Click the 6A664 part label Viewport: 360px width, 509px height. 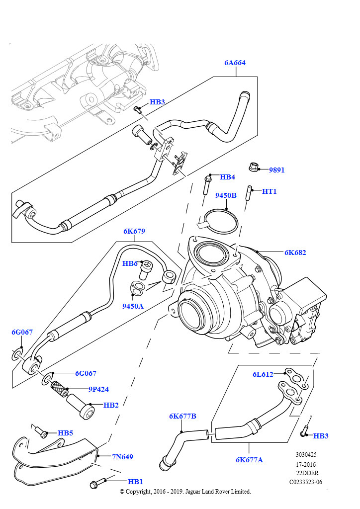(235, 63)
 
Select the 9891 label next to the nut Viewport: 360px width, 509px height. (276, 170)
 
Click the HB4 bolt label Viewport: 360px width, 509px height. (227, 177)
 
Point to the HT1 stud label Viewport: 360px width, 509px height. (269, 191)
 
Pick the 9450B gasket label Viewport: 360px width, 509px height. (226, 195)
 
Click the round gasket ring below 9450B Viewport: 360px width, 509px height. (221, 222)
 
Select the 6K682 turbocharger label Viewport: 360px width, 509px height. (295, 253)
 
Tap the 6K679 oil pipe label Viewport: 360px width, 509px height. (134, 231)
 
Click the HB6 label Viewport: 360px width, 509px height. (130, 263)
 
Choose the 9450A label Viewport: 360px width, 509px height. (133, 306)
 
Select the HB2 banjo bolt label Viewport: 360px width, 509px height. (111, 405)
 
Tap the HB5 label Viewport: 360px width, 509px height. (65, 433)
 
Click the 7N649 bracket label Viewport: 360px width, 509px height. (122, 456)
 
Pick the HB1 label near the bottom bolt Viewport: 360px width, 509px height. (135, 482)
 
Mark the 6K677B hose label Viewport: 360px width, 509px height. (182, 416)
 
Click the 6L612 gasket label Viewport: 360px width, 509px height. (263, 374)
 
